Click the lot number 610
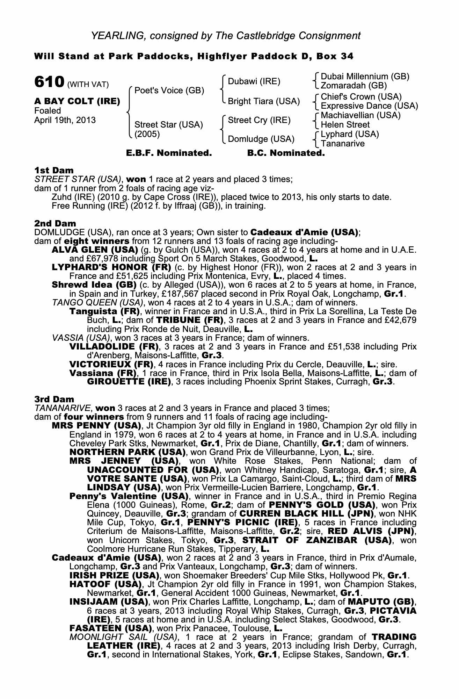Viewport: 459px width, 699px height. pos(49,82)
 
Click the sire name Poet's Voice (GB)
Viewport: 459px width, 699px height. pos(169,91)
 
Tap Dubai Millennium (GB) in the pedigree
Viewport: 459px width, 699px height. pos(365,77)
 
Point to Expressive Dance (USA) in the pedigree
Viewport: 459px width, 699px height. pos(369,106)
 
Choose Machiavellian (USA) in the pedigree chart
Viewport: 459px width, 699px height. pos(360,115)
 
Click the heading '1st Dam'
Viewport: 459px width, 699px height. pos(54,171)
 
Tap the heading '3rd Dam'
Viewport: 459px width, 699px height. pos(54,399)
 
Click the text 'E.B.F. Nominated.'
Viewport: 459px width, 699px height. pos(169,153)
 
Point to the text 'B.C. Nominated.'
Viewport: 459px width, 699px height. pos(286,153)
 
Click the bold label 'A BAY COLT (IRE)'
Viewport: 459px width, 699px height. pos(77,101)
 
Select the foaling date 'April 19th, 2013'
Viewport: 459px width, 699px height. pos(65,120)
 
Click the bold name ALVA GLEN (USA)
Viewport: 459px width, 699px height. pos(95,250)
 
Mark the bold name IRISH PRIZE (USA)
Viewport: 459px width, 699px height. pos(114,575)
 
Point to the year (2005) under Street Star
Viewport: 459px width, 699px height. pos(147,134)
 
